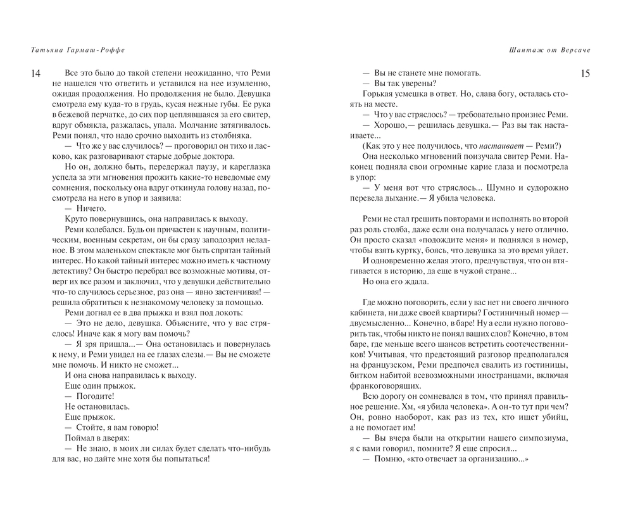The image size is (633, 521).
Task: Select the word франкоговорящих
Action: click(388, 386)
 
